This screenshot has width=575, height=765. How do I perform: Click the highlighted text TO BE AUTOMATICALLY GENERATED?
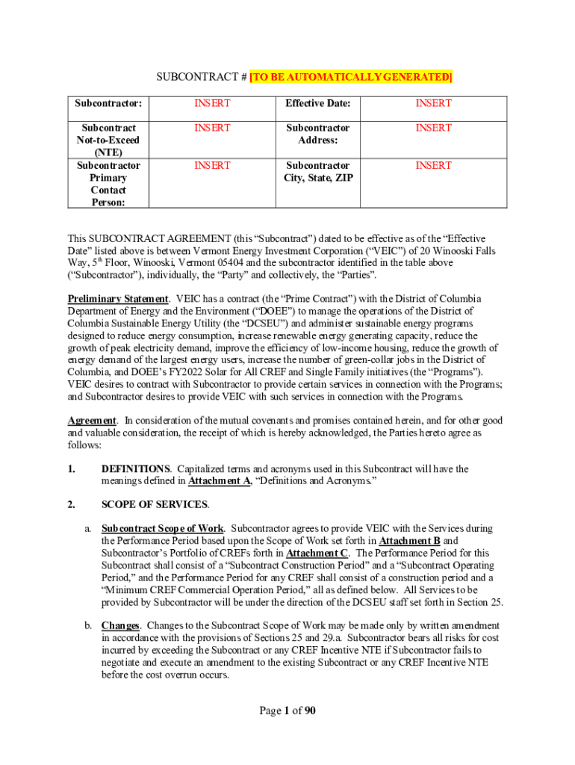(351, 77)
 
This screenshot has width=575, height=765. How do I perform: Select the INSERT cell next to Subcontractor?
(212, 103)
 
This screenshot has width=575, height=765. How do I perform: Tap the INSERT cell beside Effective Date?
(433, 103)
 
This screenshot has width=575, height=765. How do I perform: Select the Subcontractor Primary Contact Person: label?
(108, 184)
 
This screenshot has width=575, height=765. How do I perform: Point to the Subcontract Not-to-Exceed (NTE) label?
(108, 140)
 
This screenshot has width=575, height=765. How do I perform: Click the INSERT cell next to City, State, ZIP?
(433, 165)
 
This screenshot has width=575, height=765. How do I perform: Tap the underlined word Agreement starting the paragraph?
(92, 421)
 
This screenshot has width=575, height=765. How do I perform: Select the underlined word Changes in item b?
(119, 626)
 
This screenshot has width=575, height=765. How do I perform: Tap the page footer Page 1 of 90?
(287, 711)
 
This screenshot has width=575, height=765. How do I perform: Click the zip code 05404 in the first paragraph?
(239, 263)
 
